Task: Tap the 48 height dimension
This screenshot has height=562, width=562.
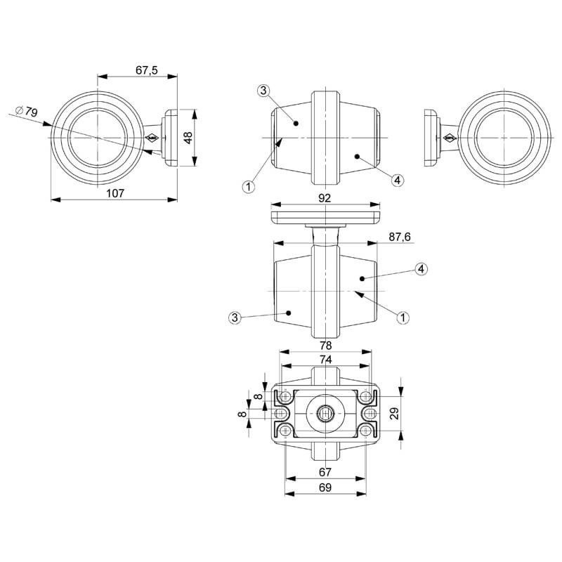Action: tap(188, 137)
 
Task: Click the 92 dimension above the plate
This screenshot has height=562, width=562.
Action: tap(325, 199)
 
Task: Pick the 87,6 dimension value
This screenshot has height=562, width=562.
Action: tap(398, 237)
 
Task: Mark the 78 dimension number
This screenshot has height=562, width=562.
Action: tap(325, 346)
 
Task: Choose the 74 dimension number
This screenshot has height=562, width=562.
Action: tap(325, 358)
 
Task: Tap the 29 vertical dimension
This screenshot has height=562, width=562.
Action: tap(395, 413)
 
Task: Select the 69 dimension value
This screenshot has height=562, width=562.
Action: tap(325, 486)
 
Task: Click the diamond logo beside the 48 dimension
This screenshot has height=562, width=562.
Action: tap(152, 138)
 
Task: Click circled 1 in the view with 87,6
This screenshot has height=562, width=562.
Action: tap(403, 318)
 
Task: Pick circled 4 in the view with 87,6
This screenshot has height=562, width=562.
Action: tap(420, 269)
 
